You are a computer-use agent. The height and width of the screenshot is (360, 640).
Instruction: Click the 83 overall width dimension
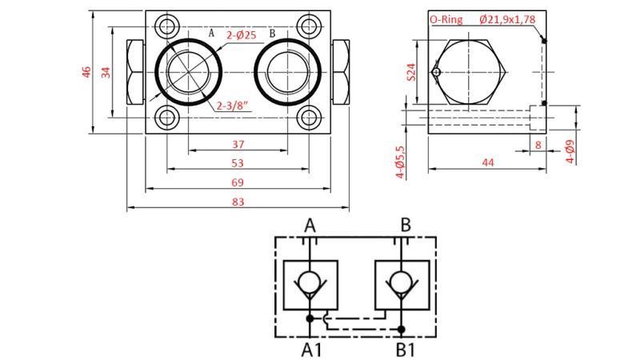pos(238,202)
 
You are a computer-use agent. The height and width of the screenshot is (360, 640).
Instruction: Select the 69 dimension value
pos(238,182)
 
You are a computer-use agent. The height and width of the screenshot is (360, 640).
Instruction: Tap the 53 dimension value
pos(238,163)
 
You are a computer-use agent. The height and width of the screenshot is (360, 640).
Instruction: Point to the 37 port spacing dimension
pos(238,145)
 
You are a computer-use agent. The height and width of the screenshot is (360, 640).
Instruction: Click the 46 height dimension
pos(86,72)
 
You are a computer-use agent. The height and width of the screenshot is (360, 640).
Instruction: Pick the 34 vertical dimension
pos(106,72)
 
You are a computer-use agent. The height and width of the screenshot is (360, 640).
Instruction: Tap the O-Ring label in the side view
pos(446,19)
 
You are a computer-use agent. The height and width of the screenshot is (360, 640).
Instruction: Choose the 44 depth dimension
pos(487,162)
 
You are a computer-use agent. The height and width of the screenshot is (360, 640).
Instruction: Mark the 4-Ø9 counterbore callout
pos(570,151)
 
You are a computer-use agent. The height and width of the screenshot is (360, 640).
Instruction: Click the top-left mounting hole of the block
pos(167,25)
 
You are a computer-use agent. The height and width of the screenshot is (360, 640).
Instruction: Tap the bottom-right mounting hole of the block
pos(309,119)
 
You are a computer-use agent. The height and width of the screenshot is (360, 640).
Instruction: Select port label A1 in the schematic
pos(310,349)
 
